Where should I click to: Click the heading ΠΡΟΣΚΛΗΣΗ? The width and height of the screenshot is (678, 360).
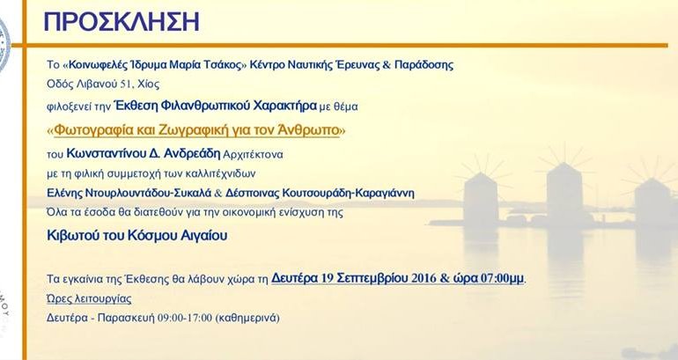122,22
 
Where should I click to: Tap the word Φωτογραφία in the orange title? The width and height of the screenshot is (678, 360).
90,130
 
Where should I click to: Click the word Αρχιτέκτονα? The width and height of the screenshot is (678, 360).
253,154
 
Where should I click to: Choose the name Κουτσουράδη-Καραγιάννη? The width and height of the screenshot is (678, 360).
348,193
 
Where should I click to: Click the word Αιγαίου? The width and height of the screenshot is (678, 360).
206,236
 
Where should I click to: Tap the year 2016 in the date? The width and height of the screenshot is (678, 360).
424,278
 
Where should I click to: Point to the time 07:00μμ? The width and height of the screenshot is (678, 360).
503,278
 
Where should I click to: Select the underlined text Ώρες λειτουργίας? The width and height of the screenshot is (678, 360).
89,298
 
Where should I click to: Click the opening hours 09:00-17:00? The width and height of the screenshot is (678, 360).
185,318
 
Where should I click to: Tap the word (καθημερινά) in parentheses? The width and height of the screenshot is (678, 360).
247,318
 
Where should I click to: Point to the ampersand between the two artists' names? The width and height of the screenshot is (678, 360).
218,193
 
